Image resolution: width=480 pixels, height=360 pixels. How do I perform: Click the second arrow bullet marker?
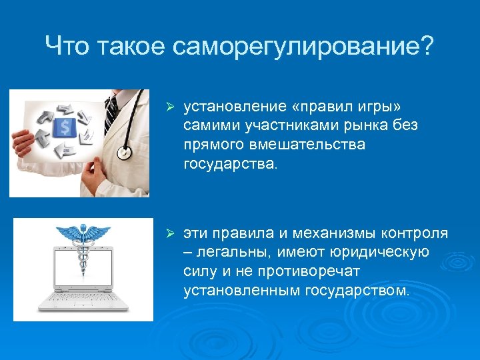point(170,235)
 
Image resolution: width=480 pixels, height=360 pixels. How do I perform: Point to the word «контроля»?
point(415,234)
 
